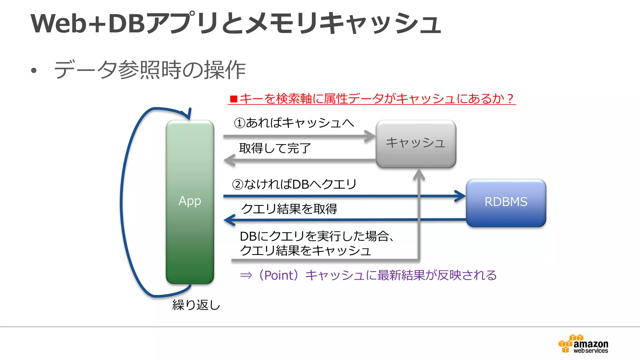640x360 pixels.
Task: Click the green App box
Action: pos(190,202)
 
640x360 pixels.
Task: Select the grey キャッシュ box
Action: pos(416,143)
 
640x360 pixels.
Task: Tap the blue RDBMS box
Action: pos(506,202)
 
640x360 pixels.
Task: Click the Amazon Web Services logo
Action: pos(583,344)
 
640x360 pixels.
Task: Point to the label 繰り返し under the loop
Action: pos(196,305)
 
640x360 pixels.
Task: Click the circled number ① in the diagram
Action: pos(240,123)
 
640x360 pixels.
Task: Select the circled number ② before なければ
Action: pos(238,184)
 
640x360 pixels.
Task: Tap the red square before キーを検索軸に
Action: pos(233,99)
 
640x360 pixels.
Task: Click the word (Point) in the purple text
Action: pos(279,275)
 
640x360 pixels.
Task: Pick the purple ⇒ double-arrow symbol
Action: pos(246,275)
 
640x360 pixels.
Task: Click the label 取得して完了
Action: pos(275,148)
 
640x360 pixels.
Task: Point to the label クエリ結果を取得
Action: pos(289,209)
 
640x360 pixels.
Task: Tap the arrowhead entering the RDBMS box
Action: pos(461,196)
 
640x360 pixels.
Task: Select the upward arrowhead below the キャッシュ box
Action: pos(419,174)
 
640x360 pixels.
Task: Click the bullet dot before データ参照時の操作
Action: pos(34,71)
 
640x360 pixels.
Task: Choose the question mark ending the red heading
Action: pos(510,99)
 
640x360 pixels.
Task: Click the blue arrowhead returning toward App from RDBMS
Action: pos(229,220)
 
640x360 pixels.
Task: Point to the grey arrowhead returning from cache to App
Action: pos(229,160)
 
